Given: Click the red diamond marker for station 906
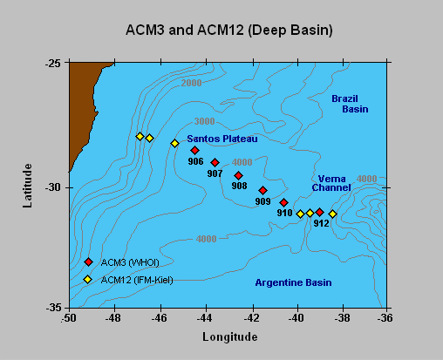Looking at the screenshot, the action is [x=194, y=150].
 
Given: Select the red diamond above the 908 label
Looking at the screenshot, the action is [x=239, y=175].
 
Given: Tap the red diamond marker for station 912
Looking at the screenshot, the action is [x=320, y=213].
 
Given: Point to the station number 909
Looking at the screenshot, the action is [x=262, y=201].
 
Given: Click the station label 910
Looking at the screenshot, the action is [x=284, y=213].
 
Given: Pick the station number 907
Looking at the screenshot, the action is [x=215, y=173].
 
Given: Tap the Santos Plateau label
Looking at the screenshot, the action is [x=222, y=139].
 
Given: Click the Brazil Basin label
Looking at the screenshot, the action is [x=350, y=104].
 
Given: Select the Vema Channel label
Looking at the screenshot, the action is [x=331, y=183].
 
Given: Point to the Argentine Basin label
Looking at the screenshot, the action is [x=293, y=282].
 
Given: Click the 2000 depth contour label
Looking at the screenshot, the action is [x=191, y=83].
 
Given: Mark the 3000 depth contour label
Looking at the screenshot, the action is [x=204, y=121].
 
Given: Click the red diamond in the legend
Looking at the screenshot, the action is [x=88, y=262].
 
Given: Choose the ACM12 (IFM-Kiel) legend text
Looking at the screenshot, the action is [x=137, y=280].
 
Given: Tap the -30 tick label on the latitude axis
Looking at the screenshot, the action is [x=53, y=187].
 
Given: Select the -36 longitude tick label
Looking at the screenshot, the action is [x=385, y=318].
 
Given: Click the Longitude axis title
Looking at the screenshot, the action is [x=230, y=337].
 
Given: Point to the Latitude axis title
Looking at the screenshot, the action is [x=27, y=186].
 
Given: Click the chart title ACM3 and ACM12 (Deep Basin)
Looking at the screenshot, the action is [x=229, y=31].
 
